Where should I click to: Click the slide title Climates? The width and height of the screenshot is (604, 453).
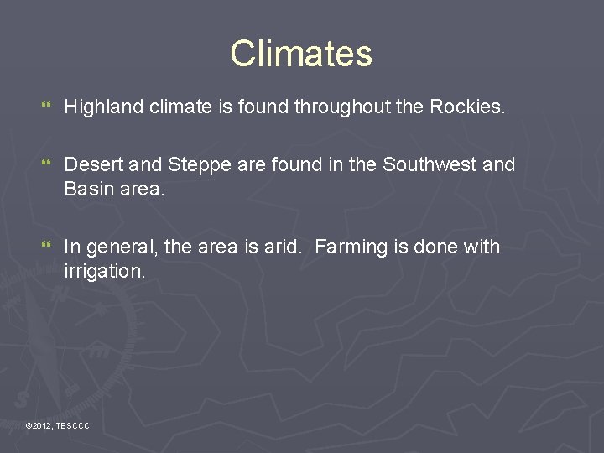click(x=301, y=54)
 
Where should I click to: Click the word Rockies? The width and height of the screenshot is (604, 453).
click(x=467, y=107)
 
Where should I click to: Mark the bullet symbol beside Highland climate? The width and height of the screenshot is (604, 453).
click(x=45, y=107)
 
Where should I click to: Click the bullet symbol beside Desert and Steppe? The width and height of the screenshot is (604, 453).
click(x=45, y=165)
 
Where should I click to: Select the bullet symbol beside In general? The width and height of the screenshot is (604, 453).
click(x=45, y=247)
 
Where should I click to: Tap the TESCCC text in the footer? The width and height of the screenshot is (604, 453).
click(x=72, y=427)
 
